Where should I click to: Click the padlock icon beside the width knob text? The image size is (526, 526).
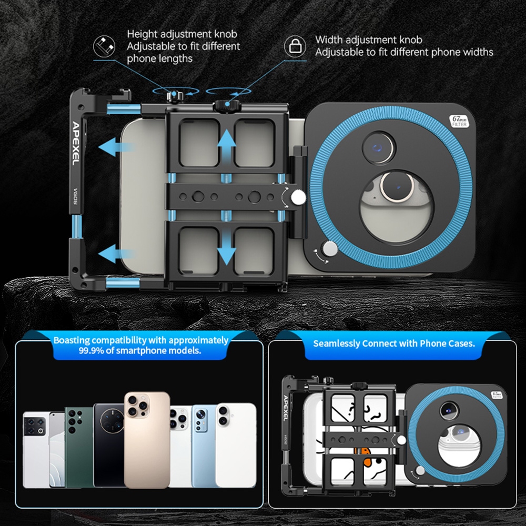[295, 46]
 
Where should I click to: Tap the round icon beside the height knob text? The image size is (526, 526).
[104, 46]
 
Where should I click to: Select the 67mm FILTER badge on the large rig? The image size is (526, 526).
[459, 120]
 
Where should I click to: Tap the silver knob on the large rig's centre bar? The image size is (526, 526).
[298, 198]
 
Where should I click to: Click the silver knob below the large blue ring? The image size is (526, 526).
[330, 248]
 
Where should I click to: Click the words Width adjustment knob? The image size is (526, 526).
[369, 40]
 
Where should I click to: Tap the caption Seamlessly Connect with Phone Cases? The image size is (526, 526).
[394, 343]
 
